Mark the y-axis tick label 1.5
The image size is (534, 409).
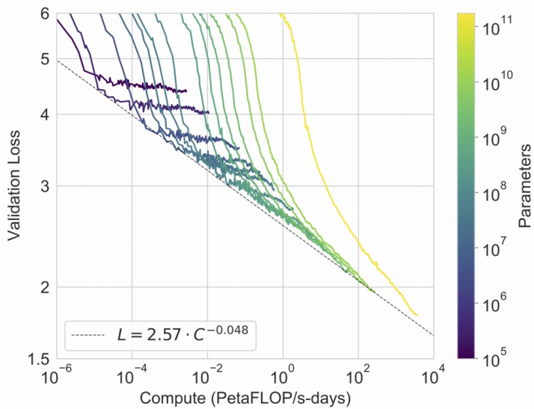[38, 360]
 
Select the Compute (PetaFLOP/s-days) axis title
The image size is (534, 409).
[245, 396]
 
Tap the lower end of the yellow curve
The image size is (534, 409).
[417, 315]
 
